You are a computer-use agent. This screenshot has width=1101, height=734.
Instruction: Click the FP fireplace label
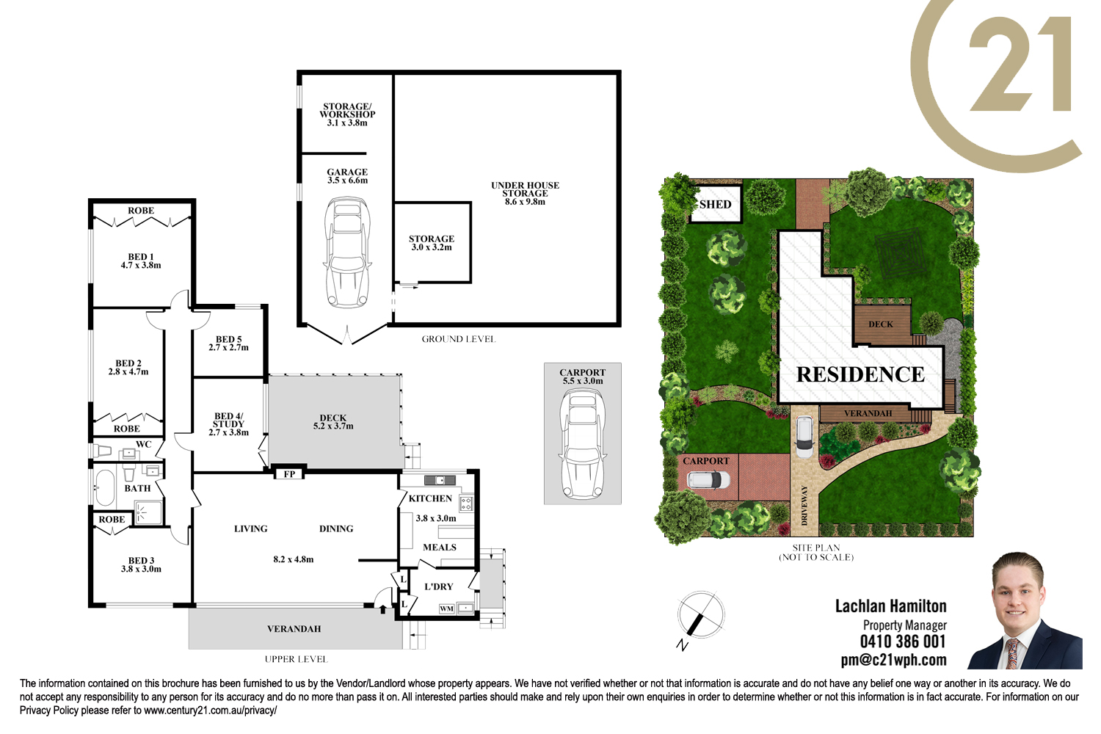289,474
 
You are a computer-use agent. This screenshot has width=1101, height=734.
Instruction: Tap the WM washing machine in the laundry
446,608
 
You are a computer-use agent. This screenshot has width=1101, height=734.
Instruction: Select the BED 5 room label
228,344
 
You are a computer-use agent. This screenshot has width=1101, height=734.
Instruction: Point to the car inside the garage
347,252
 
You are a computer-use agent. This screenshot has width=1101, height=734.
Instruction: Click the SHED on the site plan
715,204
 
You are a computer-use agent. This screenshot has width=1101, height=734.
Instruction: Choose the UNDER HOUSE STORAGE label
525,193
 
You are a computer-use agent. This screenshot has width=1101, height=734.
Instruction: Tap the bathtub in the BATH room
105,488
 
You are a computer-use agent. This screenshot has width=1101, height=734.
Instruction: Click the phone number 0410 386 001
903,642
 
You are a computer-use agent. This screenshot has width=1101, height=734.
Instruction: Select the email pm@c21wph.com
893,660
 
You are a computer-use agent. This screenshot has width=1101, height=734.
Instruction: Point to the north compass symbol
700,616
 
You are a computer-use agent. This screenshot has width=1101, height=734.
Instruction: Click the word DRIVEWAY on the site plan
804,505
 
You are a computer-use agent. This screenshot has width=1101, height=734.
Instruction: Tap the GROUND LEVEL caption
459,339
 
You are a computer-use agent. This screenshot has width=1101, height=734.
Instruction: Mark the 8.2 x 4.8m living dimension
294,559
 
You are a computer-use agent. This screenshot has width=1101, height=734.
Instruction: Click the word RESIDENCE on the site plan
860,374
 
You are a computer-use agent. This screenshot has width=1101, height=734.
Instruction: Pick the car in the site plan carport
708,480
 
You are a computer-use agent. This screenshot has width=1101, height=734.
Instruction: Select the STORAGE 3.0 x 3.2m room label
432,243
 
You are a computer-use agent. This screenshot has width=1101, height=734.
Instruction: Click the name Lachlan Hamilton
890,606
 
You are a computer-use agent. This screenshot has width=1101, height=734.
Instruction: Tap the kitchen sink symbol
440,480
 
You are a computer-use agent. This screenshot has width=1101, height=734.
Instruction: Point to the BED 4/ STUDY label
228,424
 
